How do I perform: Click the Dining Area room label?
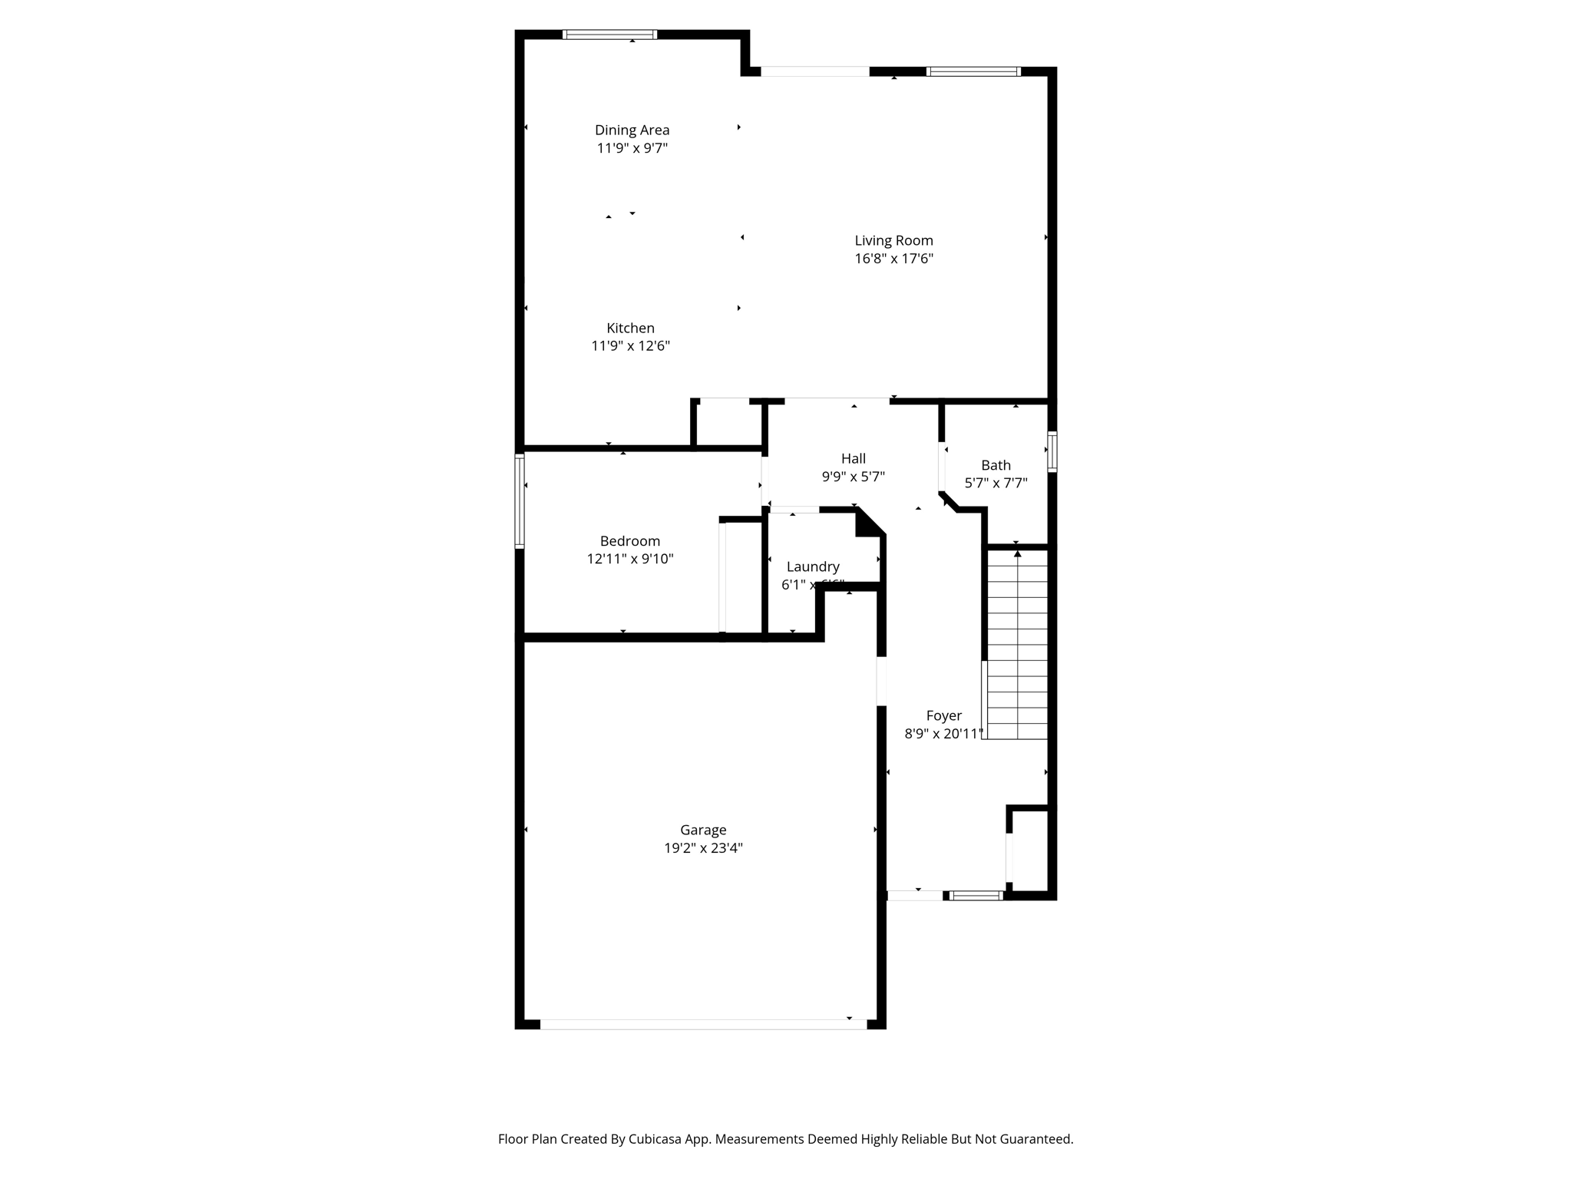click(632, 130)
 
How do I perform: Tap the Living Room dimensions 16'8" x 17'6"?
click(893, 259)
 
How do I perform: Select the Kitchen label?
click(630, 328)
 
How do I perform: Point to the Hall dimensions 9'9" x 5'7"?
click(853, 477)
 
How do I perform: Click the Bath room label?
click(996, 465)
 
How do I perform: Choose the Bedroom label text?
click(629, 541)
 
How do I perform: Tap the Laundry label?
click(813, 566)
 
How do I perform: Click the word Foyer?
click(943, 715)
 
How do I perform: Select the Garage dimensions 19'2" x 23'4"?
click(703, 848)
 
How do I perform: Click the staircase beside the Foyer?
click(1017, 645)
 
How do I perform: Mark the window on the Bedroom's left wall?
click(520, 500)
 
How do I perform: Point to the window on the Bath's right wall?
click(1052, 451)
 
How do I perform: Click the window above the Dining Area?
click(610, 35)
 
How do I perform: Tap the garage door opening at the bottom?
click(703, 1024)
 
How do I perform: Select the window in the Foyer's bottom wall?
click(976, 895)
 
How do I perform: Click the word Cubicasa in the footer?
click(656, 1139)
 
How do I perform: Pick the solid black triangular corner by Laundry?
click(868, 523)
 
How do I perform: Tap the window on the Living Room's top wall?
click(973, 71)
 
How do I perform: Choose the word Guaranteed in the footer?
click(1035, 1139)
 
